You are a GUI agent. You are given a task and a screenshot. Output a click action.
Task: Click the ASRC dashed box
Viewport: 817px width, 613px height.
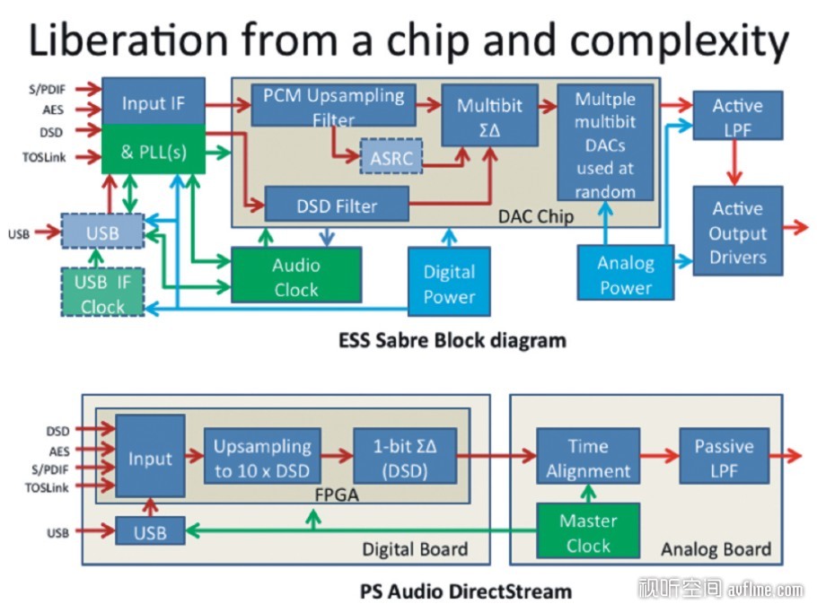click(391, 156)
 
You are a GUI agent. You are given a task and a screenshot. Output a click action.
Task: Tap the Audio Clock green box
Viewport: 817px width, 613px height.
click(296, 276)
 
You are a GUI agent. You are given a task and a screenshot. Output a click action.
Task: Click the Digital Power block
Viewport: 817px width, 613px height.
click(449, 282)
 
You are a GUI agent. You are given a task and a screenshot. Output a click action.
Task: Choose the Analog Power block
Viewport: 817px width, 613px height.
click(625, 272)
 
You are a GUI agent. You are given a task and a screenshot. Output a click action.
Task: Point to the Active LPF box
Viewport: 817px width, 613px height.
click(737, 116)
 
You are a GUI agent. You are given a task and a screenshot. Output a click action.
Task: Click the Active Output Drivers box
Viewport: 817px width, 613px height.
click(737, 231)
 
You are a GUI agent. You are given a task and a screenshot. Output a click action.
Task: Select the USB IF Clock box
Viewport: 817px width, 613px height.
click(102, 293)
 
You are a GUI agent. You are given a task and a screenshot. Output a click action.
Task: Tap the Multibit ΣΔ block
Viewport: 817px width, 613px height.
click(489, 116)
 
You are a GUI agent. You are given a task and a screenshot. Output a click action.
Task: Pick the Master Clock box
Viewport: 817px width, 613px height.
click(588, 530)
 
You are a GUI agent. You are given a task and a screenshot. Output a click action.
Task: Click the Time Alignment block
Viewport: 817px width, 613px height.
click(588, 456)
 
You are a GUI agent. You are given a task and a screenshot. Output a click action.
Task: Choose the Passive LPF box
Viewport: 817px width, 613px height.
click(724, 456)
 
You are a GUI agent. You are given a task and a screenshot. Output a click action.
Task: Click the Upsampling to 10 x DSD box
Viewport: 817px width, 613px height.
click(262, 456)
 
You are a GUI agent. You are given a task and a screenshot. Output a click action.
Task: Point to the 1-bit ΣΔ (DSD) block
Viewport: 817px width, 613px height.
click(405, 456)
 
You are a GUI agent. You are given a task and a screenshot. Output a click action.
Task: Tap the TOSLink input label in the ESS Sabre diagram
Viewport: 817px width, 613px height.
click(44, 157)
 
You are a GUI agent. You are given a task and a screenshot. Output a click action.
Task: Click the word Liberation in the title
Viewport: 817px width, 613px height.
click(128, 40)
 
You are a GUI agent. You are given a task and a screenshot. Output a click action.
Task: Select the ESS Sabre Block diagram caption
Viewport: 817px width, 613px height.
click(452, 341)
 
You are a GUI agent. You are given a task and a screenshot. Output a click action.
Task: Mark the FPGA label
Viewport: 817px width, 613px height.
click(337, 495)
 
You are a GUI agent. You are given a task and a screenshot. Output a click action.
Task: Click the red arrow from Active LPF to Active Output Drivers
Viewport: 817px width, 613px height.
click(734, 162)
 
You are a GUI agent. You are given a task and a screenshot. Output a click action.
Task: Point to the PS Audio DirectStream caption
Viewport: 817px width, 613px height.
click(466, 591)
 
